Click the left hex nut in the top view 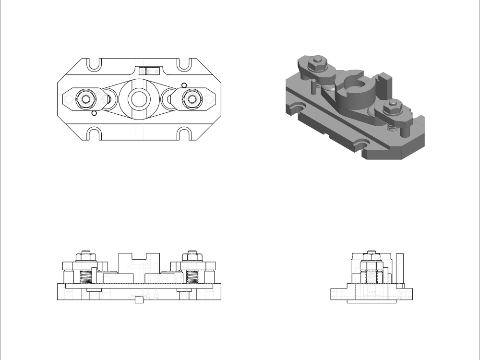pos(86,99)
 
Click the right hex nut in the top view pos(192,99)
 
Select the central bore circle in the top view pos(139,99)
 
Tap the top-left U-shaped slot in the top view pos(94,65)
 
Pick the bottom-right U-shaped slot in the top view pos(185,133)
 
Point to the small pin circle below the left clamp pos(95,113)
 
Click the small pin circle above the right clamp pos(184,85)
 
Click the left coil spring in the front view pos(85,277)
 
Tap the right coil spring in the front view pos(192,277)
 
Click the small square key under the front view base pos(139,300)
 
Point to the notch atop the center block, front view pos(139,256)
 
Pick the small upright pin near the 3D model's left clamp pos(313,87)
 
